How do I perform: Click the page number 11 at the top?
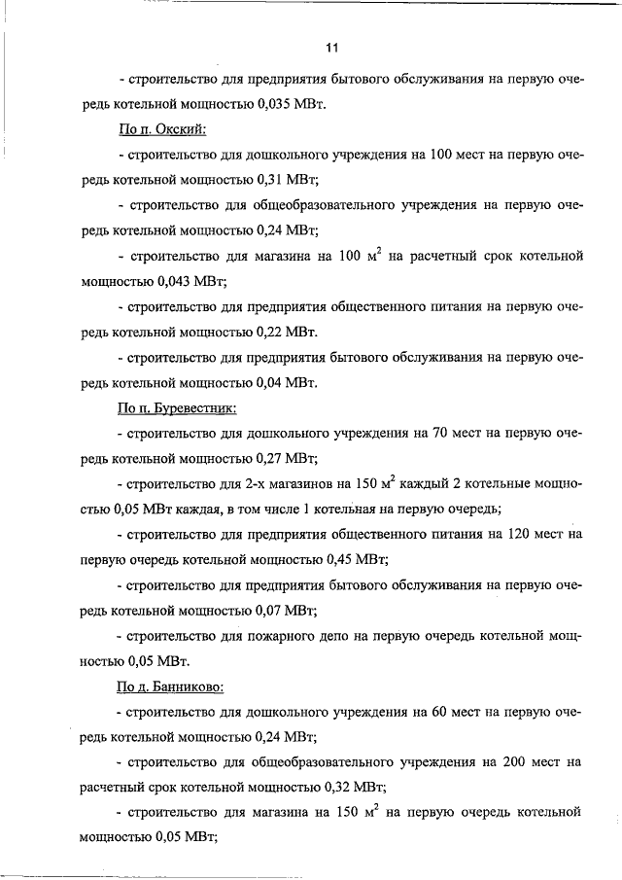tap(331, 47)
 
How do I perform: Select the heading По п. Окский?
tap(159, 129)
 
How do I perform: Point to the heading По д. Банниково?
tap(170, 686)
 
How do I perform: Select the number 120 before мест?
tap(514, 535)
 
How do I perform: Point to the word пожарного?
tap(287, 636)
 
